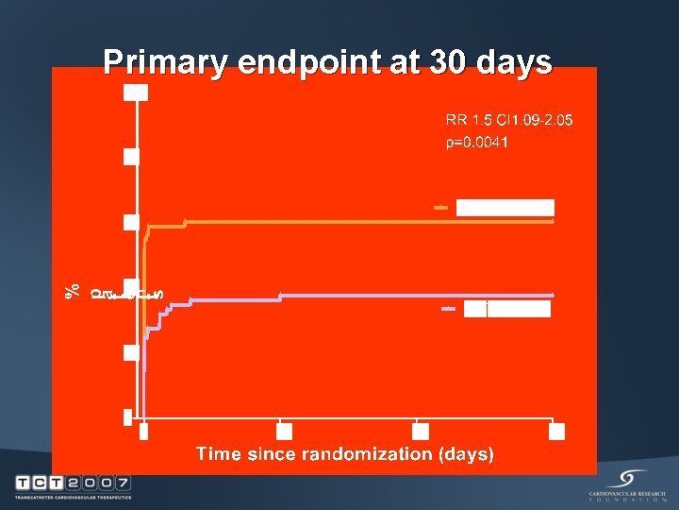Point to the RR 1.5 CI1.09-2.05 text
pyautogui.click(x=509, y=120)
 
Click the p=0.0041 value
pyautogui.click(x=477, y=143)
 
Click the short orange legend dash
pyautogui.click(x=439, y=207)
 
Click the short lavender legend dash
pyautogui.click(x=448, y=309)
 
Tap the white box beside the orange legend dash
pyautogui.click(x=505, y=208)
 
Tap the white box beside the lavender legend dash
pyautogui.click(x=507, y=309)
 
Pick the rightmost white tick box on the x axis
pyautogui.click(x=556, y=432)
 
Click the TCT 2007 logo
pyautogui.click(x=73, y=485)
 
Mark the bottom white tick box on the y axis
pyautogui.click(x=128, y=417)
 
